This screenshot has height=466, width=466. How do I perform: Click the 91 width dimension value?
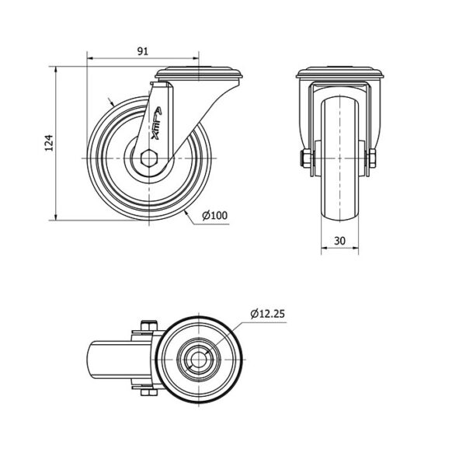click(143, 51)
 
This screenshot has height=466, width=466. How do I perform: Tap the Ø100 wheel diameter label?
click(214, 215)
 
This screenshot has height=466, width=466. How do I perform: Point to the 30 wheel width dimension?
click(339, 241)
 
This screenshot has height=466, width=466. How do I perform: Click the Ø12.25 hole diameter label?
click(268, 314)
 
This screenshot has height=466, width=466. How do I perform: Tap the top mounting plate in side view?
click(200, 75)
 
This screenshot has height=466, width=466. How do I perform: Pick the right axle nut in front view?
click(372, 160)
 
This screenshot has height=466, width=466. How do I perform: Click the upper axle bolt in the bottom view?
click(147, 325)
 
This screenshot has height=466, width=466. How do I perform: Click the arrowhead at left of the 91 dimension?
click(90, 57)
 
